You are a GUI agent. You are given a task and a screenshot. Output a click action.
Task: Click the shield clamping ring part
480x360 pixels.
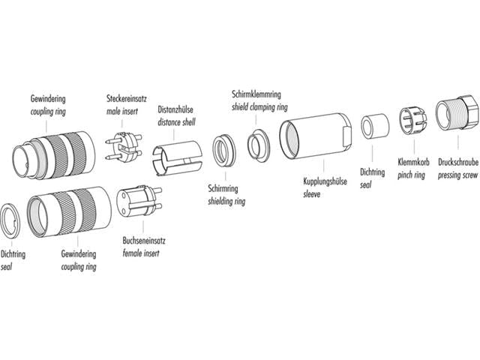pyautogui.click(x=261, y=142)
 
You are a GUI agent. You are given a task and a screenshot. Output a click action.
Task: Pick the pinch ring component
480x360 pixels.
pyautogui.click(x=411, y=120)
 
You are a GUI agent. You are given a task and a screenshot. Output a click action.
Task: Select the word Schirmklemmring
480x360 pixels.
pyautogui.click(x=256, y=95)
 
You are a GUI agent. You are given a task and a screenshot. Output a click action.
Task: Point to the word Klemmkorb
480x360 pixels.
pyautogui.click(x=412, y=160)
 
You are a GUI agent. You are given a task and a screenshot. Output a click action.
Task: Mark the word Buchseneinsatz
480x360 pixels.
pyautogui.click(x=143, y=242)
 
